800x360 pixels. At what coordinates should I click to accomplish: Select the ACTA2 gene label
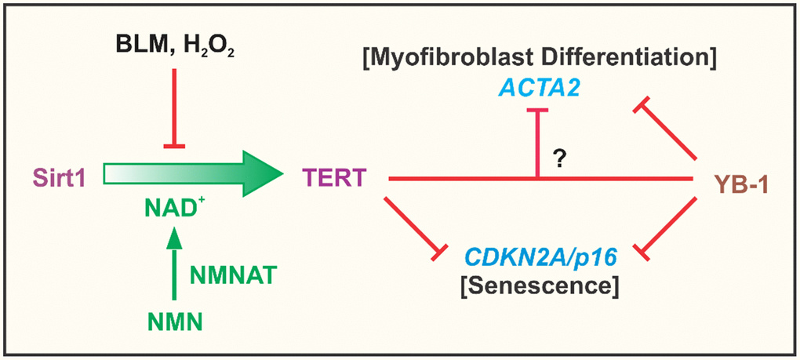tap(536, 91)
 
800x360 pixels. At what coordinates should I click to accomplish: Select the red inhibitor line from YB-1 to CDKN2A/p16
tap(670, 227)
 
